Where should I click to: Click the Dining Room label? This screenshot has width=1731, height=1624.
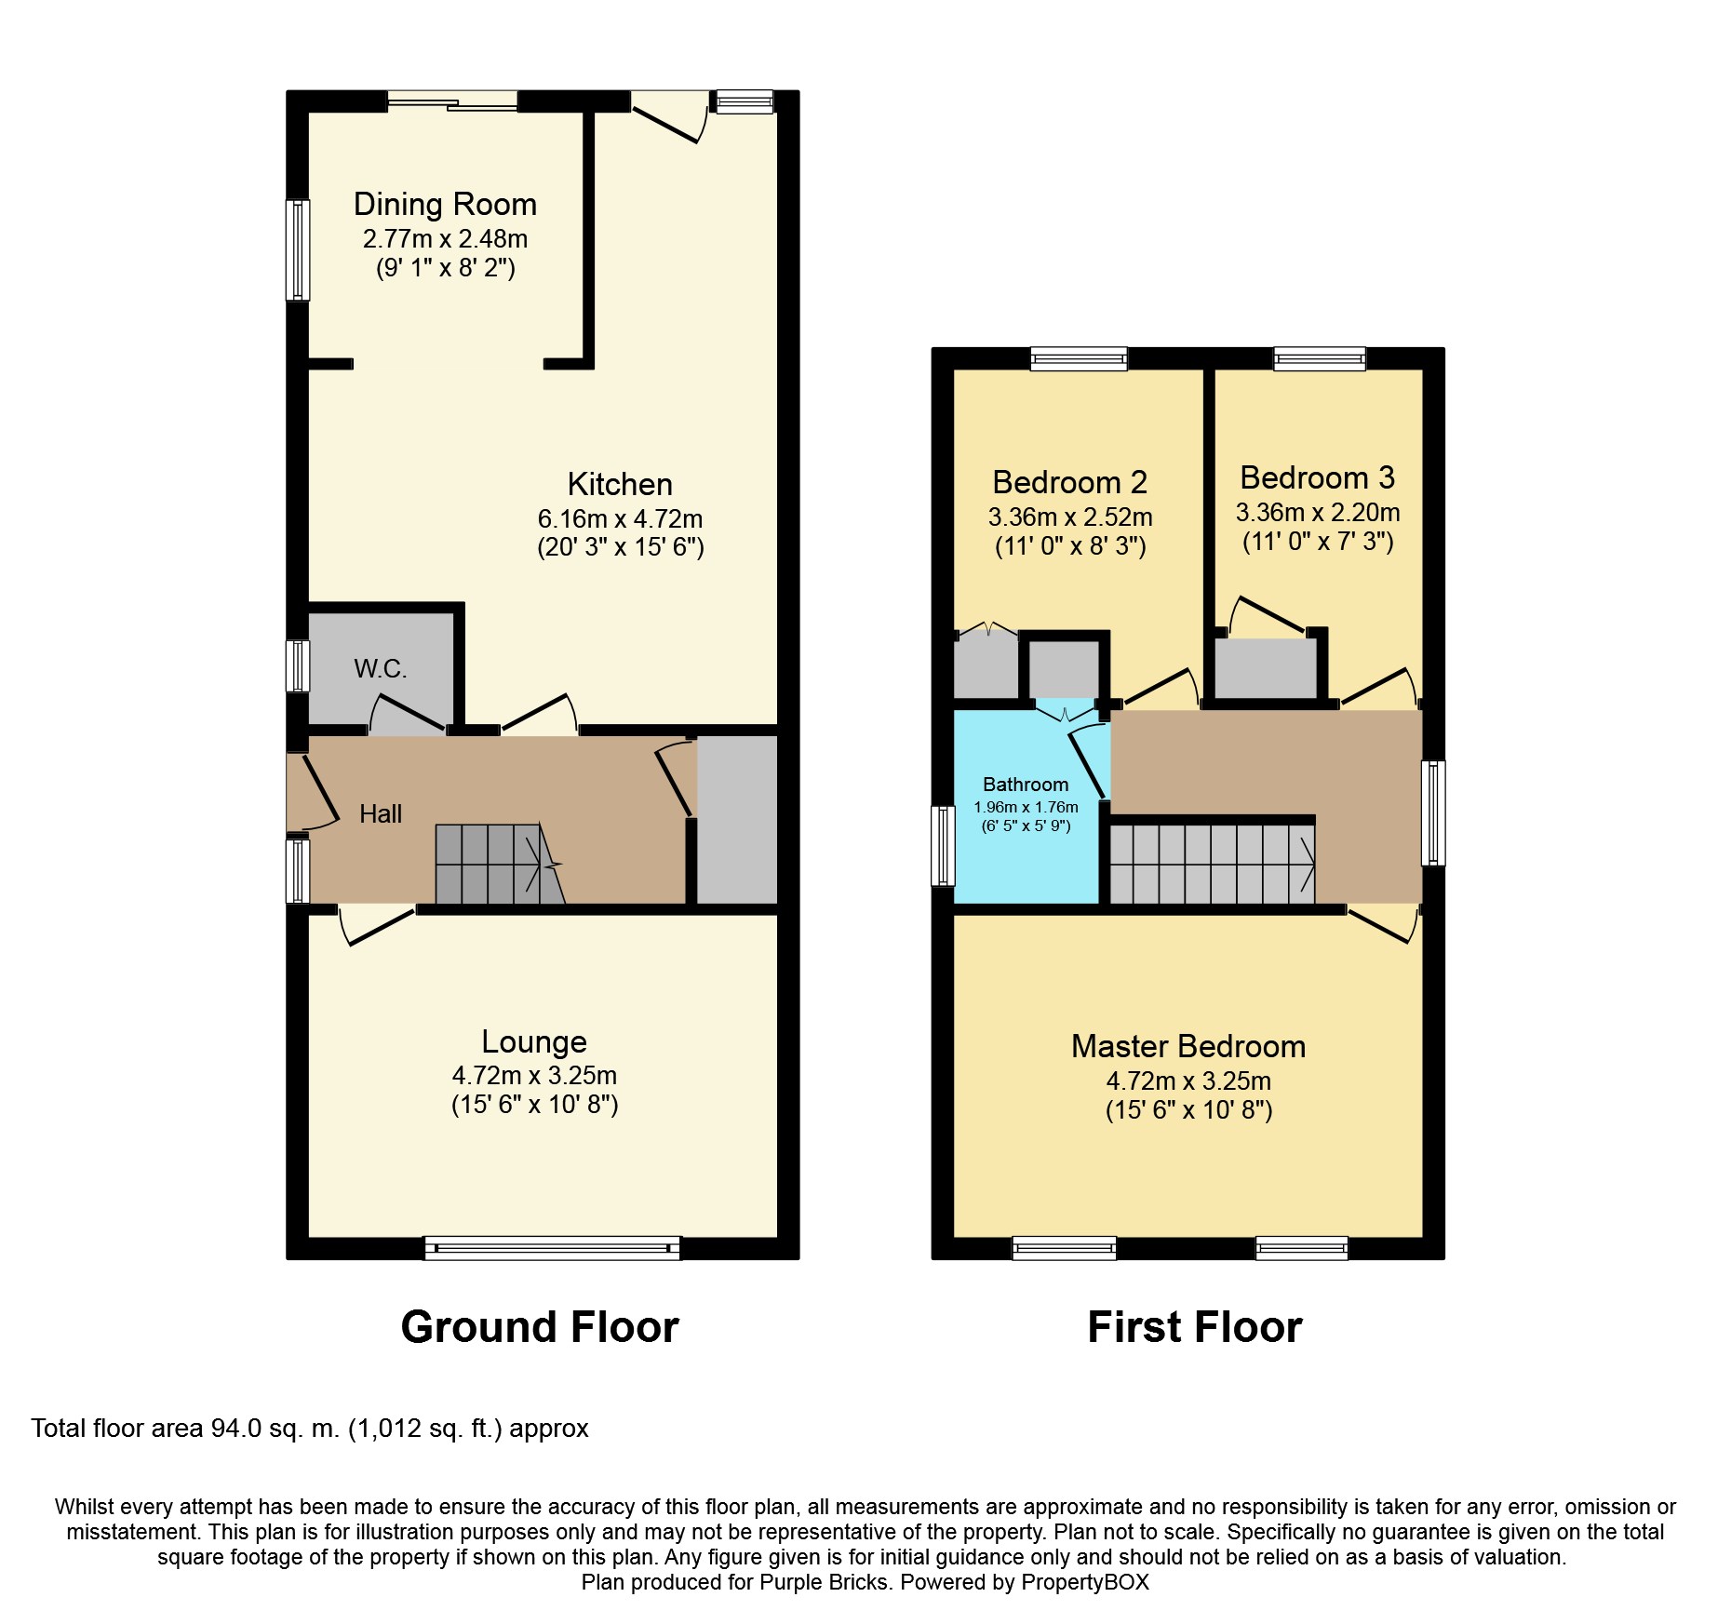point(445,204)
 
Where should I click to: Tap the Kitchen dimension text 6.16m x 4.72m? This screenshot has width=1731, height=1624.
point(620,518)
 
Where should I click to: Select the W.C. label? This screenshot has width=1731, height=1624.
point(380,668)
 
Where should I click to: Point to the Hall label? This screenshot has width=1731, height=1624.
point(381,813)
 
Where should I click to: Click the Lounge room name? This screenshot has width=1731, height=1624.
point(534,1041)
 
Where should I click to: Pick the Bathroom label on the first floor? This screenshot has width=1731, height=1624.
point(1026,784)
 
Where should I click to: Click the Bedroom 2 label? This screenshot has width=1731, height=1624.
point(1069,482)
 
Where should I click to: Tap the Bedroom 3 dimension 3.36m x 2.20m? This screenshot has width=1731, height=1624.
point(1318,512)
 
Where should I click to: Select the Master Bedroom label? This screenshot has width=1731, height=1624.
point(1188,1046)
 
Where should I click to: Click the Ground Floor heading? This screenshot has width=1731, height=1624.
point(540,1326)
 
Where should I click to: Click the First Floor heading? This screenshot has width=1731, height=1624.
point(1195,1326)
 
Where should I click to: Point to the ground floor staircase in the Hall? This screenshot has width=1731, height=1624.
point(500,864)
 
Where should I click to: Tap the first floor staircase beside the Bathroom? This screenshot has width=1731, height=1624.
point(1212,865)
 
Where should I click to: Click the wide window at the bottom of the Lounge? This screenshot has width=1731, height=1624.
point(552,1247)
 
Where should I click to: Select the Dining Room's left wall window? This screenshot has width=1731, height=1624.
point(297,250)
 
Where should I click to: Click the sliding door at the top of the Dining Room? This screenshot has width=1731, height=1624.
point(452,101)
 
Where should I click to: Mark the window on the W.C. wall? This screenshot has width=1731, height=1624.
point(297,665)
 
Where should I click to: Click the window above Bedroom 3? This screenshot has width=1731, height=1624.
point(1320,358)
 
